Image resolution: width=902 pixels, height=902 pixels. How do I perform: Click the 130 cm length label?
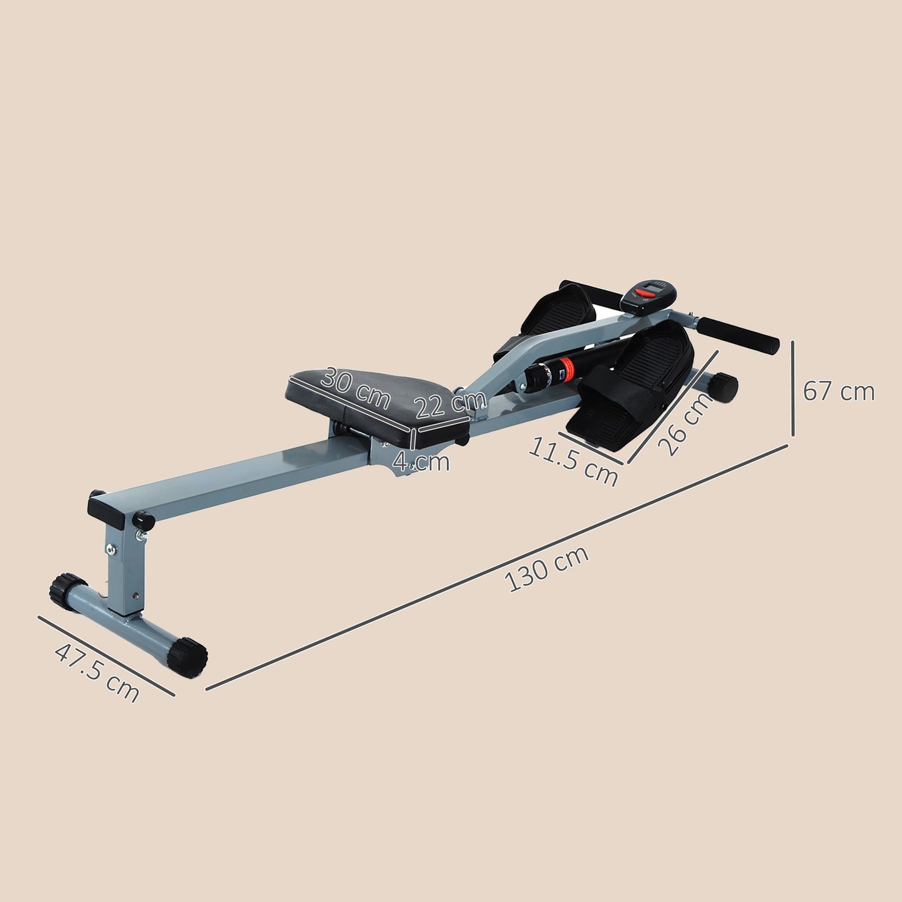(547, 569)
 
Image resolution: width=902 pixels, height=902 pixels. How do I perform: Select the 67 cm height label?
(838, 392)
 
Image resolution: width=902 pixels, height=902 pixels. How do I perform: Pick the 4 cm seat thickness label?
(421, 463)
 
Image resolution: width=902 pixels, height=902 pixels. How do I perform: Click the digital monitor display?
(649, 292)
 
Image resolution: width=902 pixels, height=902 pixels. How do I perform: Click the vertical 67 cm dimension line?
(793, 388)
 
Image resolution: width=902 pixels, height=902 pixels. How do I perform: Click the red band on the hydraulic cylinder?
(566, 366)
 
